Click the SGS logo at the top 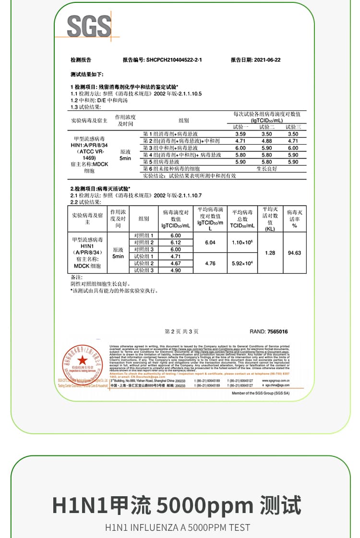(89, 26)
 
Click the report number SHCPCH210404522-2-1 (174, 60)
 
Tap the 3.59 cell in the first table (240, 134)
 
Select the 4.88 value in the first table (266, 141)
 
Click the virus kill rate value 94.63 (294, 253)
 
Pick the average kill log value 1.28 (270, 253)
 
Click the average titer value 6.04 (210, 243)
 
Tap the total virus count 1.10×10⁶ (242, 243)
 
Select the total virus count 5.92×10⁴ (242, 263)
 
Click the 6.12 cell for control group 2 (176, 243)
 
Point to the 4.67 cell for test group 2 (176, 263)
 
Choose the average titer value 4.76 (210, 263)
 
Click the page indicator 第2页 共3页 (181, 331)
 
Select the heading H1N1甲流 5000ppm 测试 (177, 505)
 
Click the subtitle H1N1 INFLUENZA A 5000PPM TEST (178, 527)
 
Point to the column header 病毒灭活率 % (294, 219)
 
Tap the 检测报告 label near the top (81, 60)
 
